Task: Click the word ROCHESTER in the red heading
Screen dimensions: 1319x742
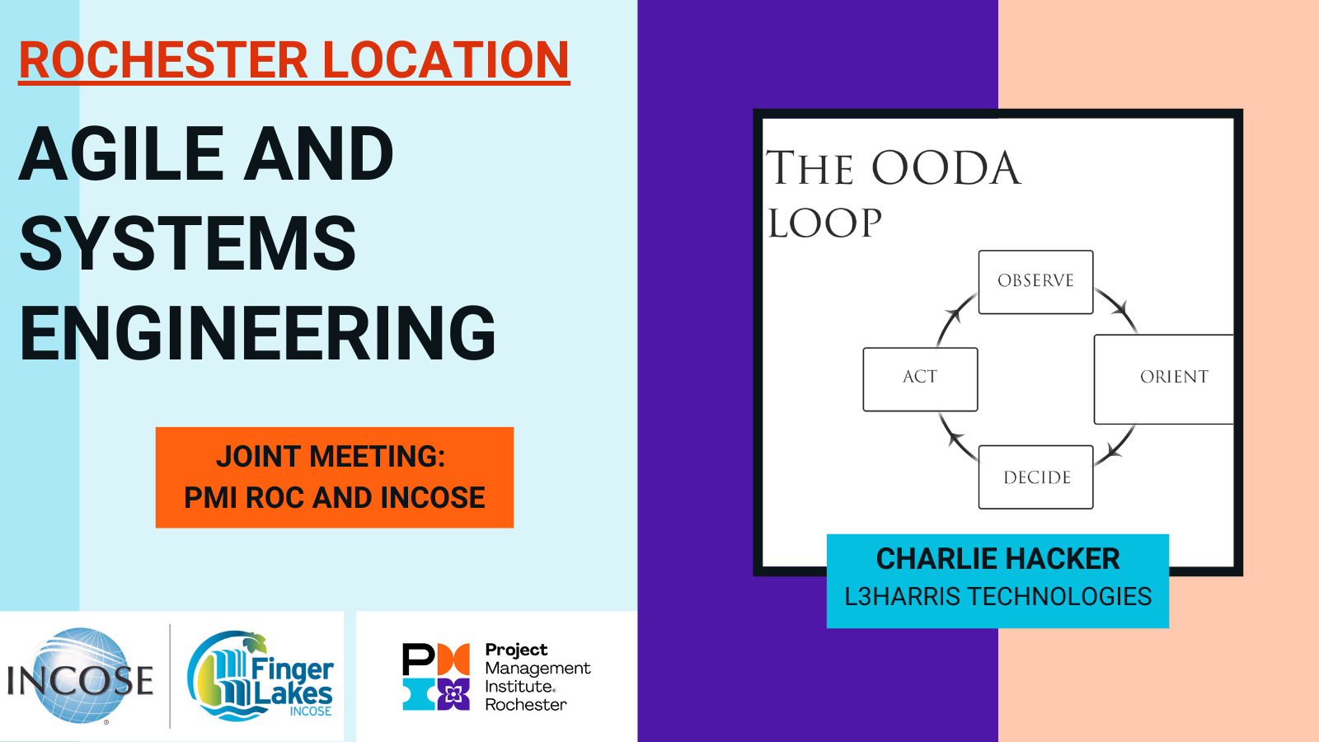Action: pyautogui.click(x=163, y=60)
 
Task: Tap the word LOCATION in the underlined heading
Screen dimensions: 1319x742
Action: pyautogui.click(x=446, y=60)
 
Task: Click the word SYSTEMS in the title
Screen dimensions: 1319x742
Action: pyautogui.click(x=188, y=243)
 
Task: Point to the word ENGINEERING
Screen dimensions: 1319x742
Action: pyautogui.click(x=257, y=333)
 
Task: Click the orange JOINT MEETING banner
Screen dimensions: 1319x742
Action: pyautogui.click(x=335, y=477)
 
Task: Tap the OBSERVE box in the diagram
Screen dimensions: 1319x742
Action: pyautogui.click(x=1035, y=281)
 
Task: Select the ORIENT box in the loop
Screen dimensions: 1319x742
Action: pyautogui.click(x=1163, y=379)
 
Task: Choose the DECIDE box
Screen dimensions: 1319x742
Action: pyautogui.click(x=1035, y=477)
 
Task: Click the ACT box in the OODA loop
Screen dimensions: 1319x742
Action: pyautogui.click(x=920, y=379)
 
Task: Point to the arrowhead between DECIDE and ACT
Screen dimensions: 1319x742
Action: pyautogui.click(x=955, y=439)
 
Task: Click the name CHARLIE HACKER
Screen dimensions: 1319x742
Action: pyautogui.click(x=997, y=559)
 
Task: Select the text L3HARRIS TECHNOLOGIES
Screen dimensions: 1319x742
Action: pyautogui.click(x=997, y=597)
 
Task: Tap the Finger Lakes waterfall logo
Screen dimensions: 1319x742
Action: pyautogui.click(x=260, y=675)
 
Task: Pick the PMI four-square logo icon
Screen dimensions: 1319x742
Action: pyautogui.click(x=436, y=676)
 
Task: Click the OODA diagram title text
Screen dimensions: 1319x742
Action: pyautogui.click(x=892, y=195)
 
